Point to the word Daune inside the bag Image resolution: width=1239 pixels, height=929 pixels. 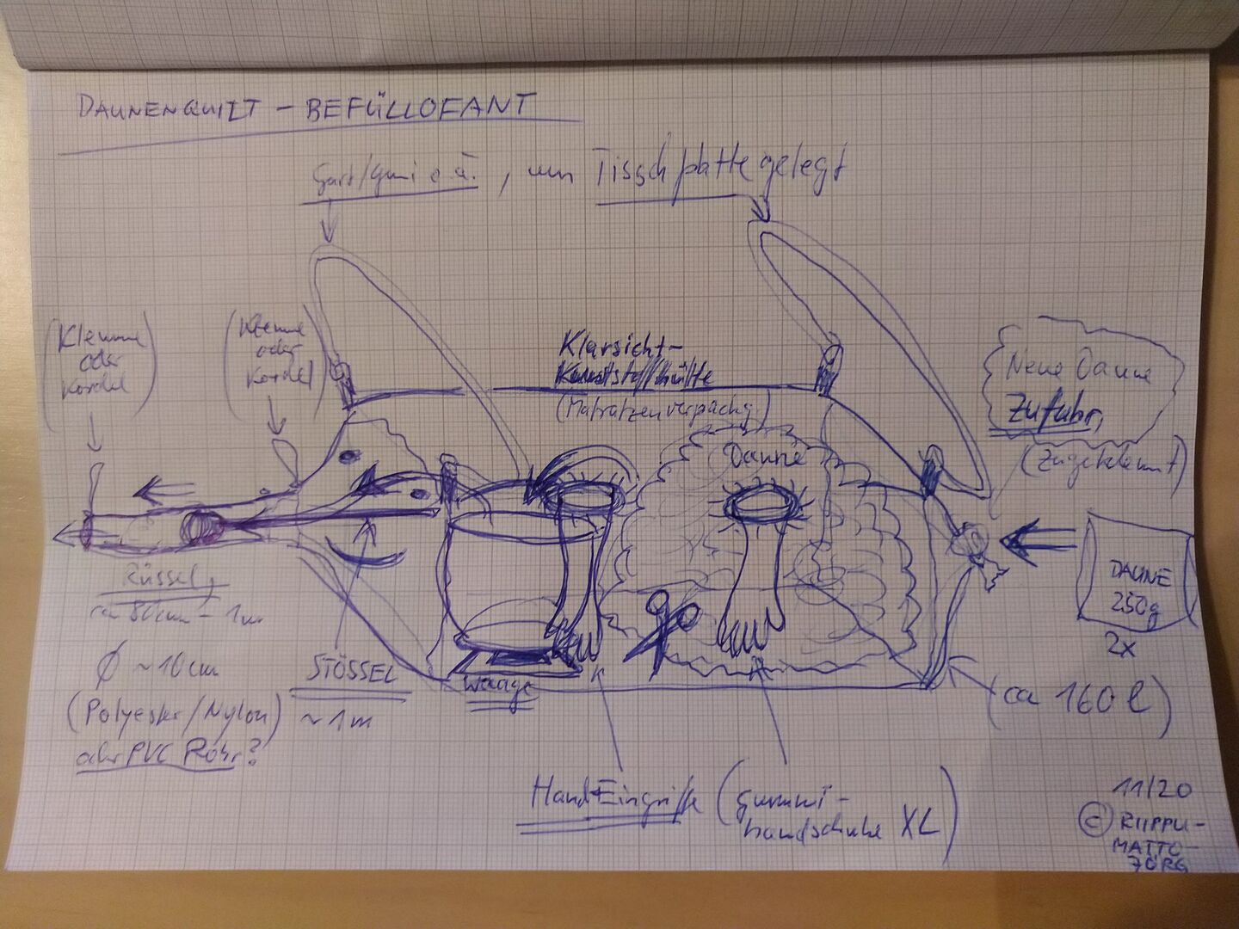click(x=768, y=454)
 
